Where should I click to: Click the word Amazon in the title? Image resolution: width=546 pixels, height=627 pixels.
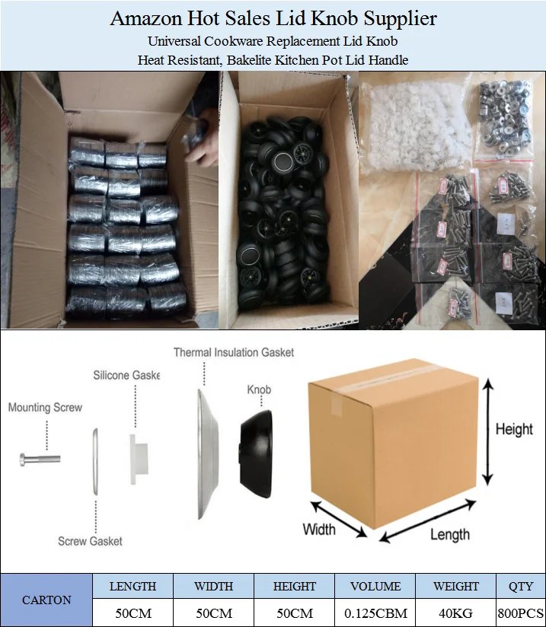pyautogui.click(x=146, y=19)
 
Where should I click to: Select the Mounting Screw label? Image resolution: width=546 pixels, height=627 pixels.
pyautogui.click(x=45, y=407)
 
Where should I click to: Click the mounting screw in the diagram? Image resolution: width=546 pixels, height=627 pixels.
pyautogui.click(x=40, y=459)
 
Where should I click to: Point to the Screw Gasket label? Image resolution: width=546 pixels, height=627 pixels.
pyautogui.click(x=90, y=541)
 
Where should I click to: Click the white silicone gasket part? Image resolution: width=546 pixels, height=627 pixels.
pyautogui.click(x=139, y=459)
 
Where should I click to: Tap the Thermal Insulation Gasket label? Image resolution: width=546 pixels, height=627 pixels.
pyautogui.click(x=234, y=352)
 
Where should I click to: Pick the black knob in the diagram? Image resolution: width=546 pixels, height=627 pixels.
pyautogui.click(x=256, y=454)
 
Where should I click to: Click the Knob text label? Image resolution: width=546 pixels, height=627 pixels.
pyautogui.click(x=259, y=390)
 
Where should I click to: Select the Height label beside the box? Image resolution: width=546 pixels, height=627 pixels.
pyautogui.click(x=514, y=429)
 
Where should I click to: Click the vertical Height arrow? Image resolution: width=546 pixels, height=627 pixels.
pyautogui.click(x=487, y=432)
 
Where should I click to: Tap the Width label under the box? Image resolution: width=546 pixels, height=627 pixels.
pyautogui.click(x=319, y=529)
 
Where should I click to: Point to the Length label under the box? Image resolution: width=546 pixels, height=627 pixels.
pyautogui.click(x=450, y=534)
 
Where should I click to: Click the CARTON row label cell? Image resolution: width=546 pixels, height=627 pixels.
pyautogui.click(x=46, y=600)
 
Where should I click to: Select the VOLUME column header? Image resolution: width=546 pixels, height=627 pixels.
pyautogui.click(x=375, y=586)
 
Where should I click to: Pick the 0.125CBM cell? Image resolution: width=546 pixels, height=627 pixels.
pyautogui.click(x=375, y=613)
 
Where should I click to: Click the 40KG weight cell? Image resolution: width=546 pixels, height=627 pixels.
pyautogui.click(x=455, y=613)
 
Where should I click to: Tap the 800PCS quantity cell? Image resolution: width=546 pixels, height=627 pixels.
pyautogui.click(x=520, y=613)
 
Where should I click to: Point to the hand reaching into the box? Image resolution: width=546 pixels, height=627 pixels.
pyautogui.click(x=202, y=136)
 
